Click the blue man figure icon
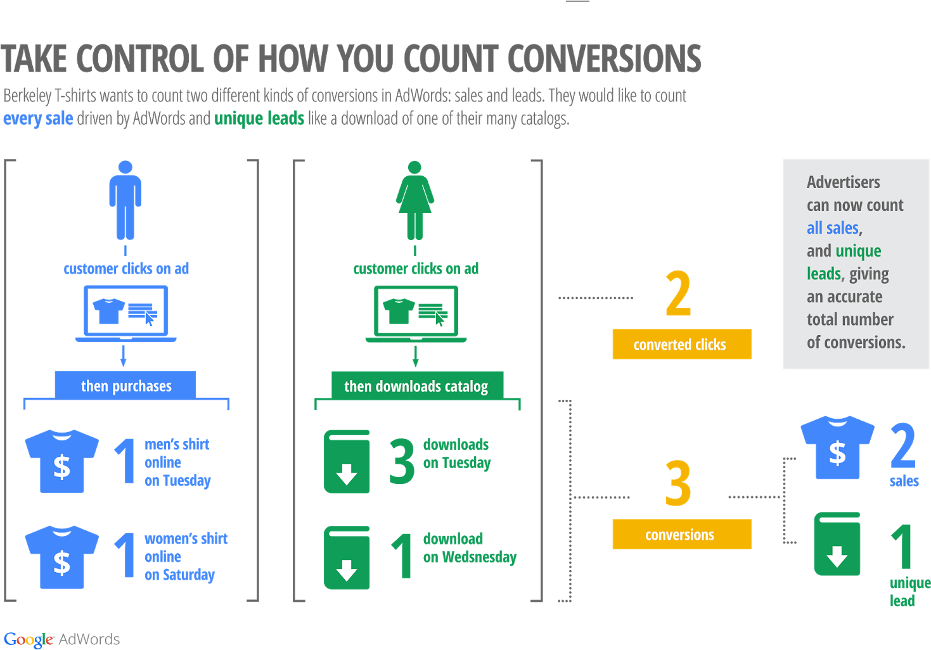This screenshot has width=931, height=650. coord(125,200)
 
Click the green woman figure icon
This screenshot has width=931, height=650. coord(415,200)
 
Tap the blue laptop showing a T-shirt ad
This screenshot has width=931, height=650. coord(126,313)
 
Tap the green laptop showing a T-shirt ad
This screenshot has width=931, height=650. coord(416,313)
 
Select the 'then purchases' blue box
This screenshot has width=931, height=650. coord(125,386)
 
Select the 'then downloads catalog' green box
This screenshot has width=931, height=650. coord(416,386)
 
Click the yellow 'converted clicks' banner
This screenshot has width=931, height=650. coord(681,345)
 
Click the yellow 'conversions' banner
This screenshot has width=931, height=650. coord(681,535)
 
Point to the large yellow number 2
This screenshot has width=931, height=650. coord(678,293)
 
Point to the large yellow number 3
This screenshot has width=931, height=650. coord(678,483)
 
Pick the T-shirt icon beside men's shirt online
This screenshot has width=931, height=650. coord(61,461)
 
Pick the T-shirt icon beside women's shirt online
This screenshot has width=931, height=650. coord(61,557)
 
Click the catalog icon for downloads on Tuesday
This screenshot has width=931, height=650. coord(347,462)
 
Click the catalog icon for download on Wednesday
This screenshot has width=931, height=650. coord(347,558)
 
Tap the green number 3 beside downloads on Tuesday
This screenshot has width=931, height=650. coord(402,462)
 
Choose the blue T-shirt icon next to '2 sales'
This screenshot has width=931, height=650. coord(837,447)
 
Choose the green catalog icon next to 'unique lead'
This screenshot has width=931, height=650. coord(837,544)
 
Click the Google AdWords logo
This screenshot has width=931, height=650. coord(61,639)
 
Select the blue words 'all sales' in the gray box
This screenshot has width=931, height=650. coord(832,228)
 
